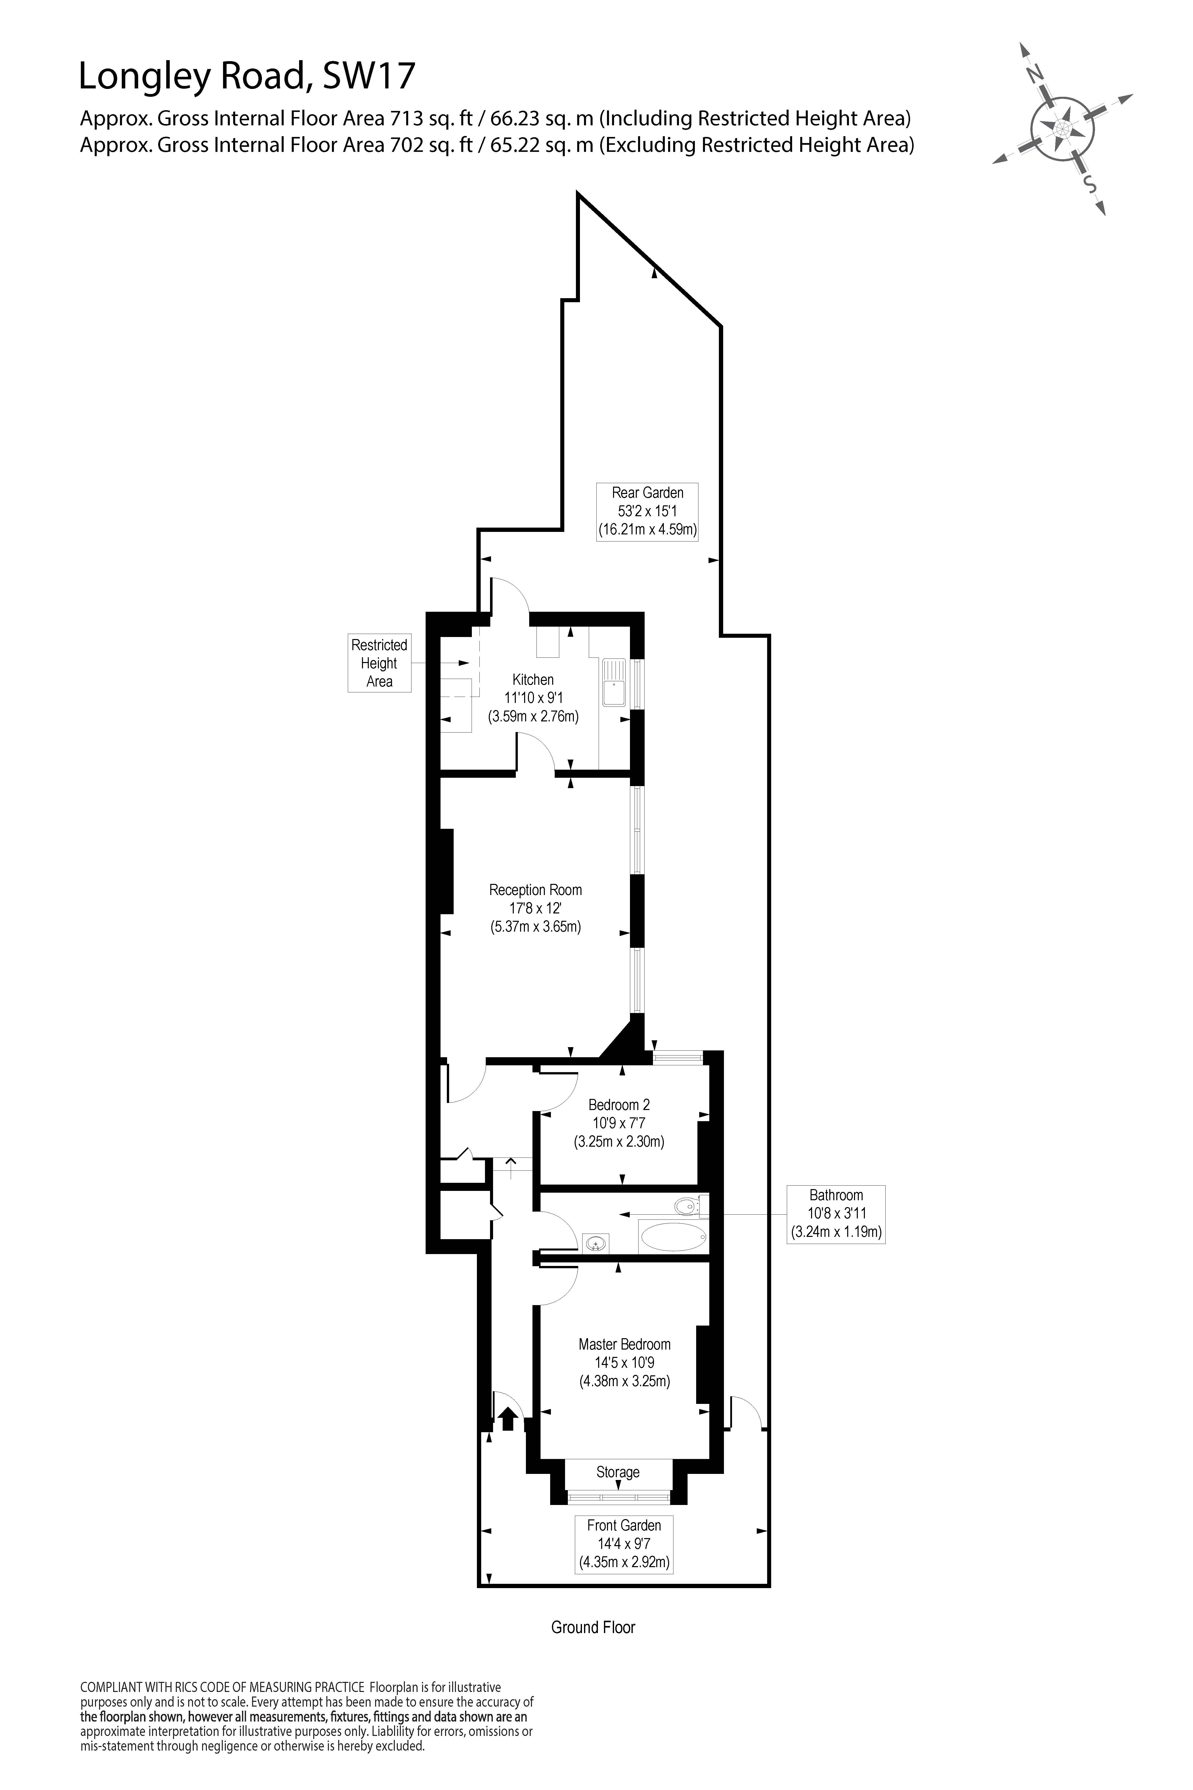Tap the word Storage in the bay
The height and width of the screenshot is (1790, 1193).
click(618, 1472)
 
